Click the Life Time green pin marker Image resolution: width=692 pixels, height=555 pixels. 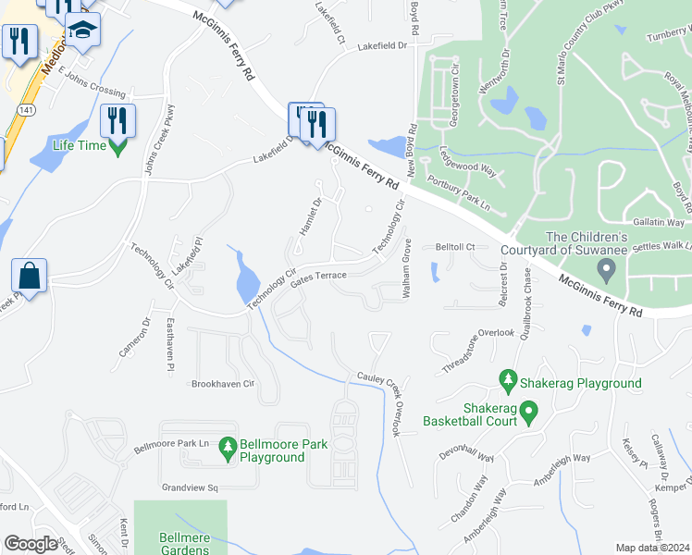(x=117, y=145)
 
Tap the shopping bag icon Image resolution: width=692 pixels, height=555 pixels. (x=29, y=277)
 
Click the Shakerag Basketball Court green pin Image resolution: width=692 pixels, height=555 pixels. (x=528, y=411)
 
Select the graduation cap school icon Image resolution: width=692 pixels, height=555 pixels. (x=82, y=32)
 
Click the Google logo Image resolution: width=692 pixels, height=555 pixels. (x=31, y=544)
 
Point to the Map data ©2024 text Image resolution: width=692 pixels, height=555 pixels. (x=653, y=548)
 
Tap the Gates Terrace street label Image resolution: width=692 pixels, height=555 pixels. (x=317, y=277)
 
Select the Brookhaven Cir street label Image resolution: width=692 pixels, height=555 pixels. (x=222, y=383)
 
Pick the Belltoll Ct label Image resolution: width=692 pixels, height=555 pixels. (x=455, y=248)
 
